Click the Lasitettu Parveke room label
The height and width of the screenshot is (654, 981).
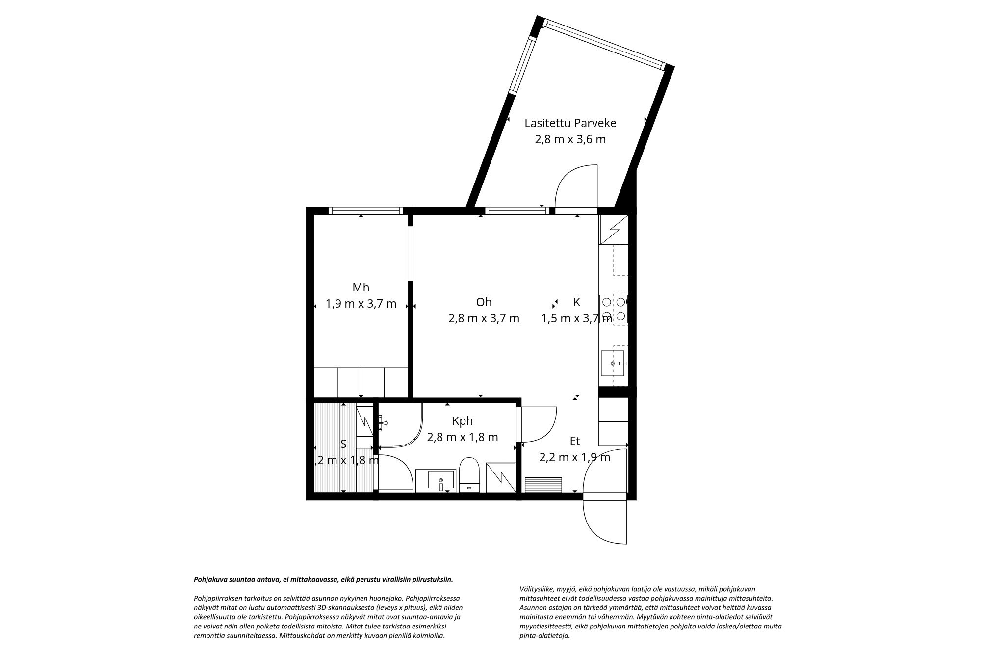(x=570, y=123)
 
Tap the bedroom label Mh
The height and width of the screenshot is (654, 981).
(x=361, y=288)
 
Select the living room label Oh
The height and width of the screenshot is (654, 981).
(x=484, y=302)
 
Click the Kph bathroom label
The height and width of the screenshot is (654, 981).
(x=463, y=421)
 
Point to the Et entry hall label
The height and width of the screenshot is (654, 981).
(x=575, y=441)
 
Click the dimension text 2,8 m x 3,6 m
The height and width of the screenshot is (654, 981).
(x=570, y=139)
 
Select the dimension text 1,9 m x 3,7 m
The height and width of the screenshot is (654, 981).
(x=361, y=304)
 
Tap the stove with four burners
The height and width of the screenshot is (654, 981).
(x=614, y=309)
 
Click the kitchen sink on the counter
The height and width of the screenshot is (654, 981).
(x=613, y=363)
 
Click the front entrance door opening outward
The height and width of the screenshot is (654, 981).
(x=604, y=521)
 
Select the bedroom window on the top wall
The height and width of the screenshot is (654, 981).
(x=365, y=210)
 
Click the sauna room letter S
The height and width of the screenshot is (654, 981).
(x=343, y=444)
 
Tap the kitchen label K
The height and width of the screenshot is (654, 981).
(x=577, y=302)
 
